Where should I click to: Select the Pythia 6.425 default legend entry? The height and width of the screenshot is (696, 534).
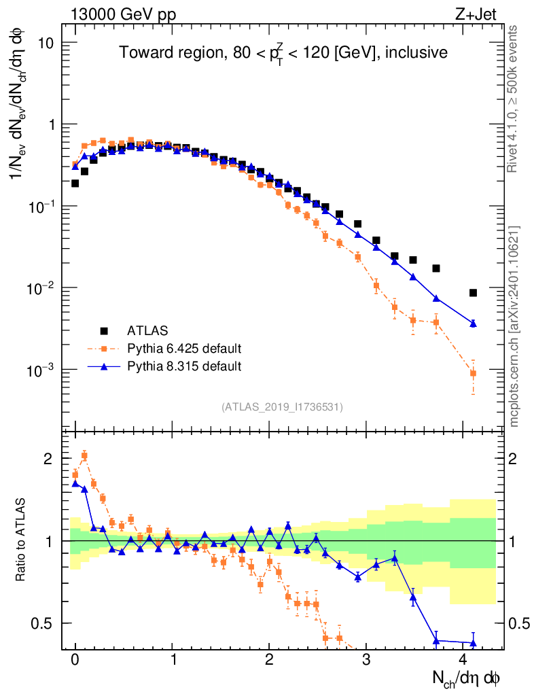(184, 349)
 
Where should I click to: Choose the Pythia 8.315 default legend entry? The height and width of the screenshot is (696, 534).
(184, 366)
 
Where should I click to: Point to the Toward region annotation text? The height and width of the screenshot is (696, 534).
(283, 53)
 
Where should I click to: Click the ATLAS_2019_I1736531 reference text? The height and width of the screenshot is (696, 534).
(282, 407)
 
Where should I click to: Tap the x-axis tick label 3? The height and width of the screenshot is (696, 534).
(366, 659)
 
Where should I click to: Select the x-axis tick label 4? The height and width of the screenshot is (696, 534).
(463, 659)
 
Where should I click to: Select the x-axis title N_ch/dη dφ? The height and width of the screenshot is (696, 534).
(466, 678)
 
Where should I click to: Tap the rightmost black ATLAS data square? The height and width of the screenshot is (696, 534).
(473, 293)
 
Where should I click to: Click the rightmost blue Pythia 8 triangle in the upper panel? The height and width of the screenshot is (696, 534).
(473, 324)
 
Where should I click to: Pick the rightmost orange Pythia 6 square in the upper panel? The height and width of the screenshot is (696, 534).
(473, 373)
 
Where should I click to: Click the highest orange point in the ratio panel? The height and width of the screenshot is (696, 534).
(84, 455)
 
